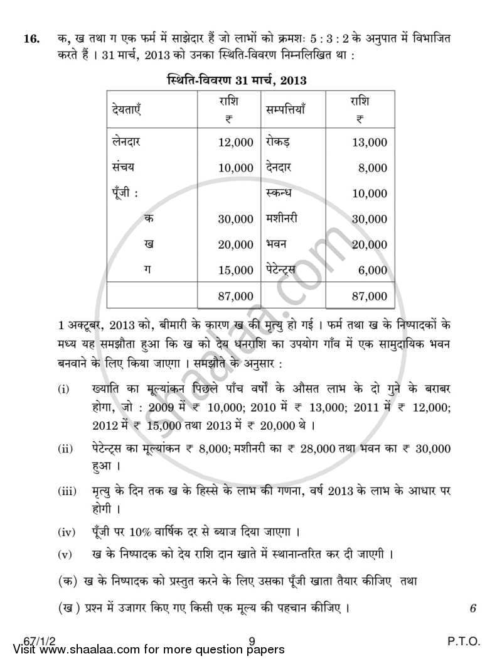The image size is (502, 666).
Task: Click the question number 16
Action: click(x=31, y=39)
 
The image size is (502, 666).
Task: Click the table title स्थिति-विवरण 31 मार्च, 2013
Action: click(x=237, y=80)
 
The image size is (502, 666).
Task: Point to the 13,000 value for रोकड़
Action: click(x=370, y=143)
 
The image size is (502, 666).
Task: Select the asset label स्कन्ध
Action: click(x=279, y=193)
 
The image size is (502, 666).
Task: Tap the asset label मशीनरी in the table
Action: click(x=282, y=219)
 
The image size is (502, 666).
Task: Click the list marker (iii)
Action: click(x=67, y=491)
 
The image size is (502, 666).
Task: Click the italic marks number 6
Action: click(x=473, y=608)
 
